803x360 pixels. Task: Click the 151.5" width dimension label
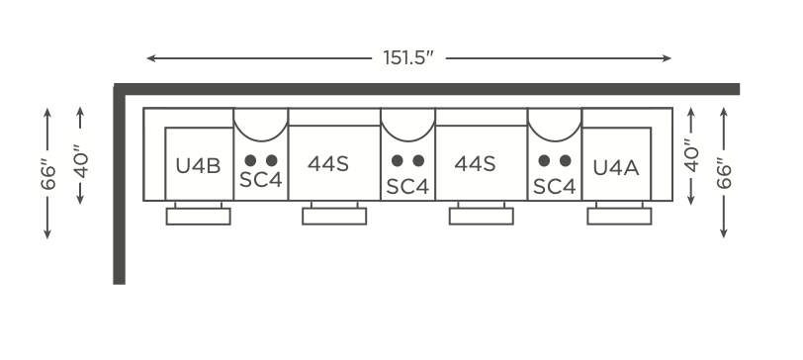(408, 58)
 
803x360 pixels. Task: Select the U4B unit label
(198, 166)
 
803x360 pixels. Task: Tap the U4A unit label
(615, 168)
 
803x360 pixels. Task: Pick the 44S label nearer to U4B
(328, 164)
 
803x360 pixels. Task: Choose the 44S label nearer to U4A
(476, 164)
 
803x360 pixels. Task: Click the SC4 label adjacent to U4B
(261, 180)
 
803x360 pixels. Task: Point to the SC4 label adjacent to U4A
(555, 186)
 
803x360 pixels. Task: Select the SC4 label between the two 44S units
(407, 186)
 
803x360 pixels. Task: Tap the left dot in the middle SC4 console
(397, 161)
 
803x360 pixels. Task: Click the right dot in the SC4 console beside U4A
(566, 161)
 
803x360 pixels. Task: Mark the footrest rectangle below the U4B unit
(198, 217)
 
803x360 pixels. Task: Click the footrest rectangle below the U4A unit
(619, 217)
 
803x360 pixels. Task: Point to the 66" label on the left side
(48, 175)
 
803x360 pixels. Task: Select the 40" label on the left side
(81, 161)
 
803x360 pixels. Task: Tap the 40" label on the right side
(691, 155)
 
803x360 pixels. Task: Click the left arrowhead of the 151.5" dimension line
(150, 58)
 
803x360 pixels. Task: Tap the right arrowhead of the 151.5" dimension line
(667, 58)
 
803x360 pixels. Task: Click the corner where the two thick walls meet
(120, 89)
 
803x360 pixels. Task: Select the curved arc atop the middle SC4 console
(407, 140)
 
